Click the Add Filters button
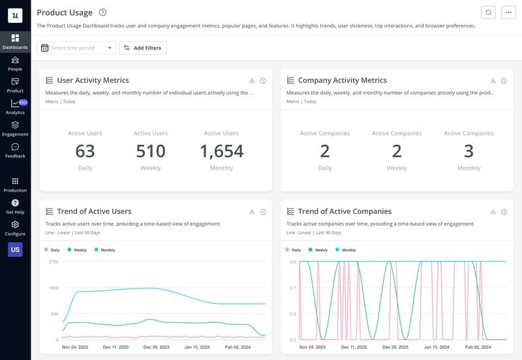point(142,48)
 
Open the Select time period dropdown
point(77,48)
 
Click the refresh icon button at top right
point(487,12)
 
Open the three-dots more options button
point(508,12)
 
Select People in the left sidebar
point(15,63)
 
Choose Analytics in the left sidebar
point(15,107)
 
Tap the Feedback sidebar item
point(15,151)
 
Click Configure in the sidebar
point(15,228)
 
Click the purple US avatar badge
point(15,249)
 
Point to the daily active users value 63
point(85,151)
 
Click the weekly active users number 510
point(151,151)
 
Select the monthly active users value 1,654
point(221,151)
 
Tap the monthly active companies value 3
point(468,151)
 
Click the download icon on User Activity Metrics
point(252,81)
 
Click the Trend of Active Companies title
point(345,211)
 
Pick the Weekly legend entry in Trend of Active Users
point(77,250)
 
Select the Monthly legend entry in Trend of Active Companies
point(346,250)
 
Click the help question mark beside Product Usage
point(102,12)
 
